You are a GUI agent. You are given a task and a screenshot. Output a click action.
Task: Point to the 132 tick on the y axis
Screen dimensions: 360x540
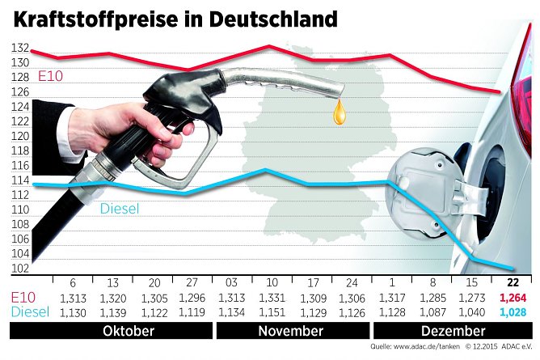tap(19, 49)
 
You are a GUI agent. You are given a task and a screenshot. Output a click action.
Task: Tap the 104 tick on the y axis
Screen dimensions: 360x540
tap(19, 254)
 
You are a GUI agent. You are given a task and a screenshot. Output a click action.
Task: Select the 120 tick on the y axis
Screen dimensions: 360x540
tap(19, 136)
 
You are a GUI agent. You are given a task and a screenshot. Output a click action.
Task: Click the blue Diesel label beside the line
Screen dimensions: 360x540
tap(120, 210)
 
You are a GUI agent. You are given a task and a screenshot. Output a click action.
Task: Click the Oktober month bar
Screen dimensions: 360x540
tap(130, 331)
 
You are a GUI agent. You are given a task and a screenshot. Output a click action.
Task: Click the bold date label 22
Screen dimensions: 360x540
tap(513, 282)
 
